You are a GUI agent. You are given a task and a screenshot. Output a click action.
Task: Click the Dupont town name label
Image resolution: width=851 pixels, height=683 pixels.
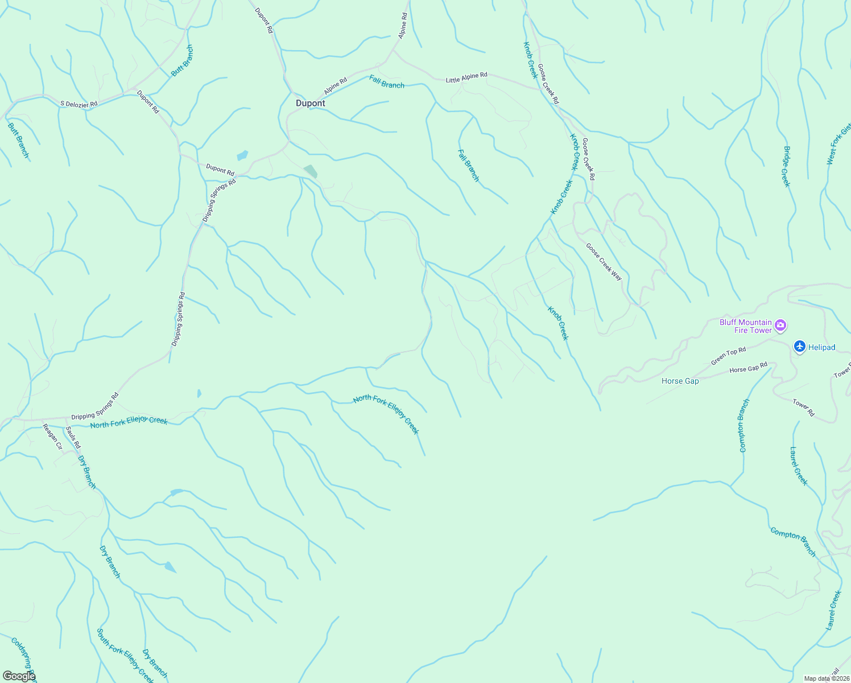pos(311,104)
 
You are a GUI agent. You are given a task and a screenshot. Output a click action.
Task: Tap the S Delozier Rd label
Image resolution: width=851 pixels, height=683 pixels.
pos(79,104)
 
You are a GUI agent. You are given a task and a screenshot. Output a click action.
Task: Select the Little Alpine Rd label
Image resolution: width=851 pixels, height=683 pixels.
pos(466,77)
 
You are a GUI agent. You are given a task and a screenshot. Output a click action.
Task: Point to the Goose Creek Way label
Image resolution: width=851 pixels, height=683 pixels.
pos(604,261)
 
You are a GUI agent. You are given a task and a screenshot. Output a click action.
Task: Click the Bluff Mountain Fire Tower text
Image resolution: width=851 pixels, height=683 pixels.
pos(745,326)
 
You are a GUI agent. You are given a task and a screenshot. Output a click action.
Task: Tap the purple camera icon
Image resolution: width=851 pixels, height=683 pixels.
pos(781,326)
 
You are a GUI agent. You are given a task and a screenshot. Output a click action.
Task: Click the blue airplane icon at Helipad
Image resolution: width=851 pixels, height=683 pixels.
pos(800,346)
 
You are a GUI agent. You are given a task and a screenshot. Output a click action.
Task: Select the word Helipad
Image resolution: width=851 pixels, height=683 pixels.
pos(821,347)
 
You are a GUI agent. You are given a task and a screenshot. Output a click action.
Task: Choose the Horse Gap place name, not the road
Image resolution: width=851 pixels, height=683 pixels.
pos(680,381)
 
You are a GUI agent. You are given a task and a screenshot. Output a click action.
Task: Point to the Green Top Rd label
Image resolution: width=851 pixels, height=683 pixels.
pos(728,356)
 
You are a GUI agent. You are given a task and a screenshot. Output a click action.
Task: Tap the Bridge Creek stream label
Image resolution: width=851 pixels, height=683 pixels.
pos(787,166)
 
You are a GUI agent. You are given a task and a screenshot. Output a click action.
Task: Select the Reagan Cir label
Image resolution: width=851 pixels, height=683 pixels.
pos(52,436)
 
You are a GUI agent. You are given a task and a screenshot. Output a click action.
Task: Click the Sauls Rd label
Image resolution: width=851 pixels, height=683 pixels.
pos(73,437)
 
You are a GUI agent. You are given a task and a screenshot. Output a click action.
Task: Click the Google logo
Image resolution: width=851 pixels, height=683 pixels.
pos(19,676)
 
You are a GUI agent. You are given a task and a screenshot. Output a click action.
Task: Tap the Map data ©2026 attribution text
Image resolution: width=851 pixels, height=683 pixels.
pos(826,678)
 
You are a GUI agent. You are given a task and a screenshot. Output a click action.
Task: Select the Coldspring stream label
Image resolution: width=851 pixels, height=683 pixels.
pos(23,655)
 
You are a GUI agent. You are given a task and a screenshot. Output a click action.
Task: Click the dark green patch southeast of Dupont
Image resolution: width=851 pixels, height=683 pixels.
pos(311,171)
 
